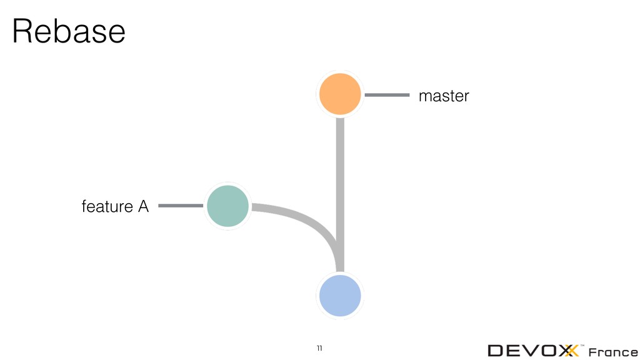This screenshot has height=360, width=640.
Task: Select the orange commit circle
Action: [x=340, y=94]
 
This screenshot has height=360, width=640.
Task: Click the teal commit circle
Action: [x=228, y=206]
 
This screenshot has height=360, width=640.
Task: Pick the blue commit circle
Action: [x=340, y=295]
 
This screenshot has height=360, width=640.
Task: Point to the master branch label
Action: [x=443, y=96]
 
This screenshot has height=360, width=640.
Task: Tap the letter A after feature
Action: [x=143, y=206]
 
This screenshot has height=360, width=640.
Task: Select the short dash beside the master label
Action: [x=386, y=96]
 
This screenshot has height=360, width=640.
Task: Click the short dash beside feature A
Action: [x=181, y=206]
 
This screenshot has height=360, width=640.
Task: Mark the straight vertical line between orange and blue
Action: [x=340, y=187]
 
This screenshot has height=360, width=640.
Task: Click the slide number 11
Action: [x=319, y=347]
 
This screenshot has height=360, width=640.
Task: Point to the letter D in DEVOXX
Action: [x=499, y=351]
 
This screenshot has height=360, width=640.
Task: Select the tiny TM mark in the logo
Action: [x=582, y=345]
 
